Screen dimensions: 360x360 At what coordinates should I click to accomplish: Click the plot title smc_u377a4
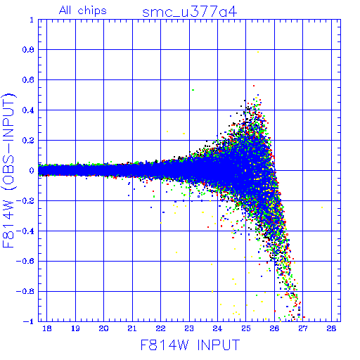(x=189, y=12)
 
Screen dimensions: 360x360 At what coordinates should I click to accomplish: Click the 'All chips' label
(x=83, y=11)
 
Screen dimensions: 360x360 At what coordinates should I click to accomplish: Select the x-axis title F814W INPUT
(x=190, y=345)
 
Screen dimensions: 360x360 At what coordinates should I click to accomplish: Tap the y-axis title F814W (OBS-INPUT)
(x=9, y=170)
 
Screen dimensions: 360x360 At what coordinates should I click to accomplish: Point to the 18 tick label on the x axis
(x=47, y=328)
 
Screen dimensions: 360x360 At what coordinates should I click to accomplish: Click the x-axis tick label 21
(x=132, y=328)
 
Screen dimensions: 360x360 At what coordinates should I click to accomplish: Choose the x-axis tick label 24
(x=217, y=328)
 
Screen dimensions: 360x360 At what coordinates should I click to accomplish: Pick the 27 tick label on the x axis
(x=303, y=328)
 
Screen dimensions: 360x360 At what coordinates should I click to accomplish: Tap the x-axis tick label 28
(x=331, y=328)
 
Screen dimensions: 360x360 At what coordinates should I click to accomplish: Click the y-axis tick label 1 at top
(x=32, y=20)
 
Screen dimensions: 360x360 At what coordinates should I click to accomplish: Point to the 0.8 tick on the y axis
(x=28, y=50)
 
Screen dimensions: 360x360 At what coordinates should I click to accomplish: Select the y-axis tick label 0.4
(x=28, y=110)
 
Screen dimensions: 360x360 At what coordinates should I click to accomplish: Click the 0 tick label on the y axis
(x=32, y=170)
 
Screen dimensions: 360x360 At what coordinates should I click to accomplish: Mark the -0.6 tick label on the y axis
(x=25, y=261)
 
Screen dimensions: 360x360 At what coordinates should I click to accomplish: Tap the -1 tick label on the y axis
(x=29, y=321)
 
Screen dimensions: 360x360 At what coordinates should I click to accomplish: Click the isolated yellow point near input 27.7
(x=322, y=207)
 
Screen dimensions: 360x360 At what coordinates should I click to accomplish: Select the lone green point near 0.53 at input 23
(x=193, y=90)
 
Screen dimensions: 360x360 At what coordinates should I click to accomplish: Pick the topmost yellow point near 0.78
(x=258, y=52)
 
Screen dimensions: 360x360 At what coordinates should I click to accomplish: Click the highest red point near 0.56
(x=254, y=86)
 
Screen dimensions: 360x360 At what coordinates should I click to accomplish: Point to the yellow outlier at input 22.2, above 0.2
(x=167, y=131)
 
